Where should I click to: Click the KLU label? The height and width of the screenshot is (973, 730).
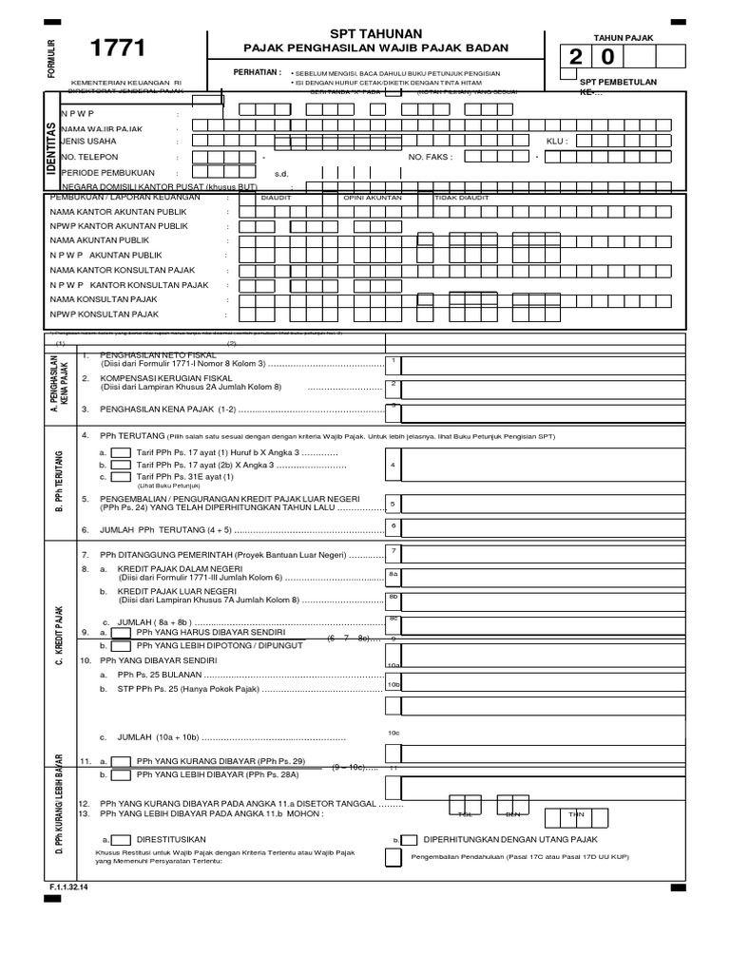pyautogui.click(x=556, y=140)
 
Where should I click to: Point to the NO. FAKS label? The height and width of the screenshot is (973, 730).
pyautogui.click(x=430, y=157)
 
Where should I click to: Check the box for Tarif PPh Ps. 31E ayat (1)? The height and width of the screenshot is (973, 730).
pyautogui.click(x=121, y=477)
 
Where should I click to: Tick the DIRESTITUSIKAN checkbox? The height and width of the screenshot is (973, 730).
pyautogui.click(x=121, y=839)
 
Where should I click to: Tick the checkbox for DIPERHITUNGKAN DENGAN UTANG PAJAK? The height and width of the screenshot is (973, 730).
pyautogui.click(x=409, y=839)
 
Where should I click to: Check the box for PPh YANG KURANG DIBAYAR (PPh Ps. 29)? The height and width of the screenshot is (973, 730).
pyautogui.click(x=121, y=761)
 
